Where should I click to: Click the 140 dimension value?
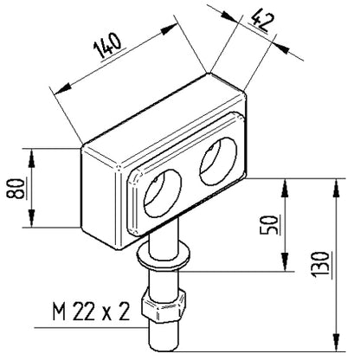[x=107, y=45]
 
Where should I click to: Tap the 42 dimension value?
[x=260, y=21]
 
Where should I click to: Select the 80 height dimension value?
[x=16, y=189]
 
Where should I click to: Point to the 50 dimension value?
[x=270, y=225]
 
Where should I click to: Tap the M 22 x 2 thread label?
[x=91, y=312]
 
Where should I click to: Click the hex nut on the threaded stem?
[x=163, y=306]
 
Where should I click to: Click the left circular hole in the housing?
[x=163, y=193]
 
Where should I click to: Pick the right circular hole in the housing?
[x=218, y=161]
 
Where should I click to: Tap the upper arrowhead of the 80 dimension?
[x=31, y=158]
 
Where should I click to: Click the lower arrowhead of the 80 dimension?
[x=31, y=218]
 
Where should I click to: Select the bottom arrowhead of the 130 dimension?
[x=336, y=343]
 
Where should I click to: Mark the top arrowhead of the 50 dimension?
[x=285, y=188]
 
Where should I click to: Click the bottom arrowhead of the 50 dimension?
[x=285, y=262]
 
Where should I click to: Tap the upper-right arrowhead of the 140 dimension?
[x=169, y=29]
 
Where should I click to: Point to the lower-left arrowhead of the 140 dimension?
[x=62, y=88]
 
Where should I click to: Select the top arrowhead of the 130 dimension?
[x=336, y=188]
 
